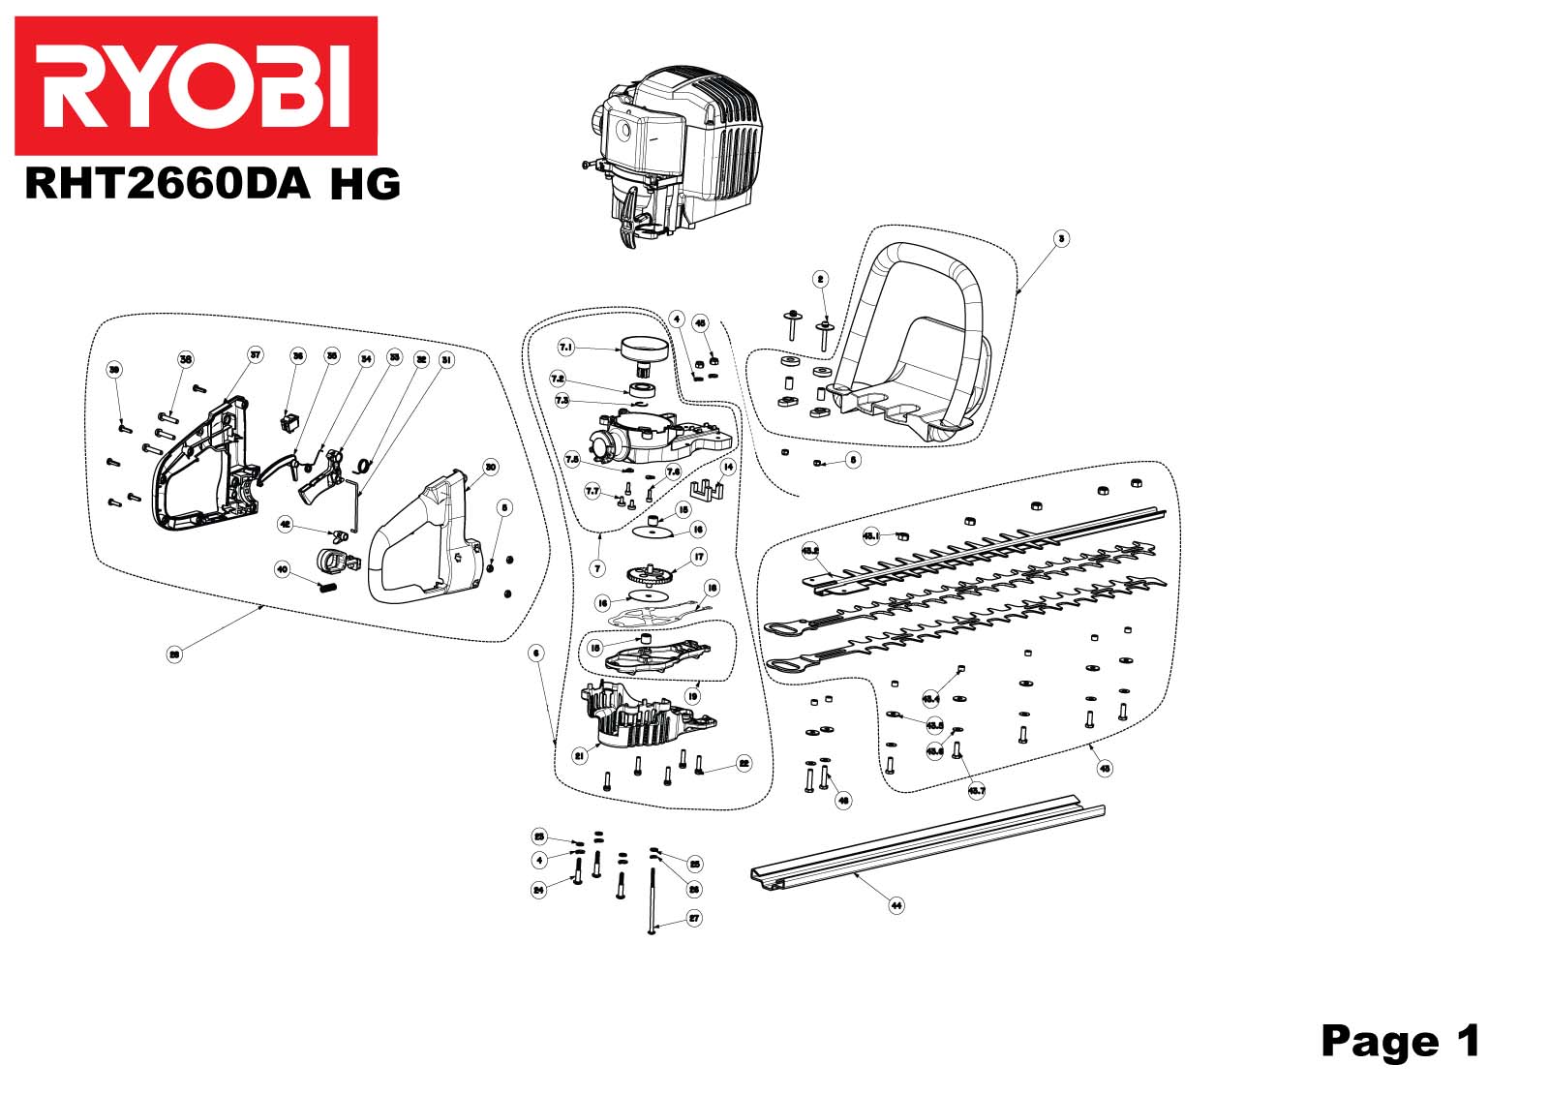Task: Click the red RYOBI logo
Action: pyautogui.click(x=196, y=85)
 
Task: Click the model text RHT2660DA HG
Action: pyautogui.click(x=212, y=183)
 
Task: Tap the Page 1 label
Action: pyautogui.click(x=1400, y=1041)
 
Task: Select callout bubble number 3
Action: pyautogui.click(x=1062, y=238)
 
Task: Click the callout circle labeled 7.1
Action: pyautogui.click(x=566, y=347)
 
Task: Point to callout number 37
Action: pyautogui.click(x=256, y=355)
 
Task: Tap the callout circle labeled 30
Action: pyautogui.click(x=491, y=468)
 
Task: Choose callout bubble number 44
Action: pyautogui.click(x=896, y=905)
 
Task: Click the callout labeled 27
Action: pyautogui.click(x=694, y=918)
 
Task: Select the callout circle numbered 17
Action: pyautogui.click(x=698, y=557)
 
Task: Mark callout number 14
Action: pyautogui.click(x=728, y=467)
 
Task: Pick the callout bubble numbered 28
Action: pyautogui.click(x=174, y=654)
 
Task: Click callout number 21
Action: pyautogui.click(x=580, y=756)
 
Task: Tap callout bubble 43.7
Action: pyautogui.click(x=976, y=791)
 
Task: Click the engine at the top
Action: pyautogui.click(x=674, y=155)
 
